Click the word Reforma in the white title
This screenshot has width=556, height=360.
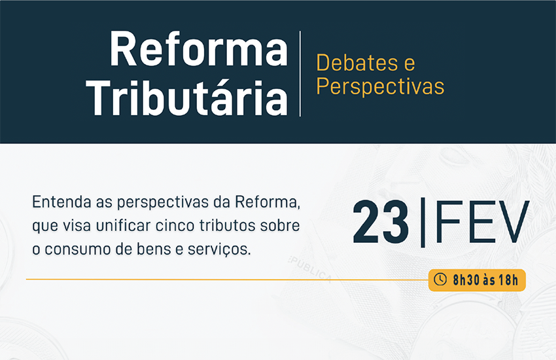pyautogui.click(x=199, y=48)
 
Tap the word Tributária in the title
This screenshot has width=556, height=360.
pyautogui.click(x=187, y=97)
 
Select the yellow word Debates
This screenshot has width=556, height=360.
pyautogui.click(x=357, y=63)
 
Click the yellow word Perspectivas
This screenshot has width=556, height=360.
pyautogui.click(x=380, y=86)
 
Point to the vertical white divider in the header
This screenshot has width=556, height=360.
pyautogui.click(x=300, y=74)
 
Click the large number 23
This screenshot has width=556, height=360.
pyautogui.click(x=381, y=222)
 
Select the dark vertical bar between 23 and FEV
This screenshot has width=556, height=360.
pyautogui.click(x=423, y=222)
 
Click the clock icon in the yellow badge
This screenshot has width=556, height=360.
pyautogui.click(x=440, y=279)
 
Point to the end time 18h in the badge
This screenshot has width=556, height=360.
pyautogui.click(x=508, y=280)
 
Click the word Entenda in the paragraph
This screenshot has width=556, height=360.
pyautogui.click(x=61, y=202)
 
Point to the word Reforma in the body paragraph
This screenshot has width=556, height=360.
pyautogui.click(x=268, y=202)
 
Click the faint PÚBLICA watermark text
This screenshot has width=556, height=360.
pyautogui.click(x=310, y=269)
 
